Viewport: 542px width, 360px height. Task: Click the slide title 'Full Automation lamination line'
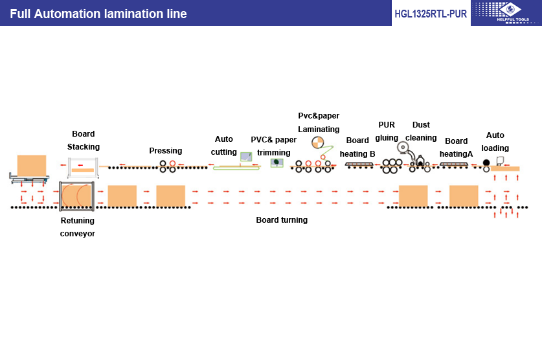pyautogui.click(x=98, y=14)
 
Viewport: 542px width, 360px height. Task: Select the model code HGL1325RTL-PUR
pyautogui.click(x=431, y=14)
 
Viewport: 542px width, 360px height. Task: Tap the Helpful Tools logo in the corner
pyautogui.click(x=506, y=12)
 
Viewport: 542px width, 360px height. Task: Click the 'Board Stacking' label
pyautogui.click(x=84, y=141)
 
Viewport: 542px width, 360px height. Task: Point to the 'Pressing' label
pyautogui.click(x=166, y=151)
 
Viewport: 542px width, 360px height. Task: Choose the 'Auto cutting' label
pyautogui.click(x=224, y=146)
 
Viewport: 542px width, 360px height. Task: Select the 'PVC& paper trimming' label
pyautogui.click(x=274, y=146)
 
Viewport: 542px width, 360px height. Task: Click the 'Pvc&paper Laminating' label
pyautogui.click(x=319, y=122)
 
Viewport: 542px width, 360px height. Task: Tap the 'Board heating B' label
pyautogui.click(x=357, y=147)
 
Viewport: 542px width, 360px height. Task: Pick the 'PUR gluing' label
pyautogui.click(x=387, y=131)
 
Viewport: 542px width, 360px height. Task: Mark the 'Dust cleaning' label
pyautogui.click(x=421, y=131)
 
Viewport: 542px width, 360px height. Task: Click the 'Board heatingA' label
pyautogui.click(x=457, y=148)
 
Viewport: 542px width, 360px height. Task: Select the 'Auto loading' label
pyautogui.click(x=495, y=142)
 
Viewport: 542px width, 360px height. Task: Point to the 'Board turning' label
pyautogui.click(x=282, y=220)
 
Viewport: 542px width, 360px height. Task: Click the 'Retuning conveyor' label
pyautogui.click(x=78, y=227)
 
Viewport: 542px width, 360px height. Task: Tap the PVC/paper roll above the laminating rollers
pyautogui.click(x=318, y=143)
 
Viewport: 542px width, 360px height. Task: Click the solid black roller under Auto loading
pyautogui.click(x=486, y=163)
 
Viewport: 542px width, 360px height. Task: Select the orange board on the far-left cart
pyautogui.click(x=32, y=166)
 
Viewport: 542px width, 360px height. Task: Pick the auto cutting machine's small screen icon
pyautogui.click(x=246, y=157)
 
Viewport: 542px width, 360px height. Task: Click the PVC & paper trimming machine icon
pyautogui.click(x=277, y=163)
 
